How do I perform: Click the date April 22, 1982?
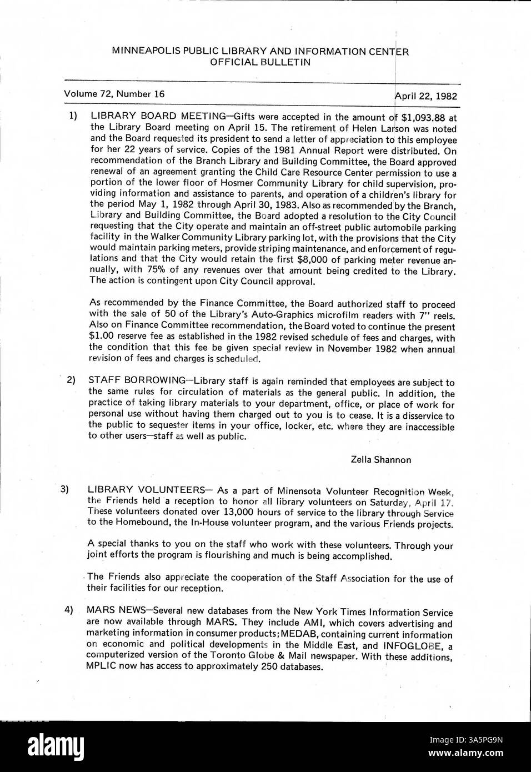tap(425, 96)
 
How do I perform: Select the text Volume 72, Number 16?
tap(114, 94)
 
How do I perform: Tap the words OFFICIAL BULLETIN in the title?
tap(260, 62)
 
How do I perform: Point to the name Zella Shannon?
tap(381, 459)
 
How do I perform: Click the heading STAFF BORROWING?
tap(137, 380)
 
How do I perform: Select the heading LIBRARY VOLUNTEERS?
tap(146, 490)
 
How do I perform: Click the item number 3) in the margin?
tap(65, 489)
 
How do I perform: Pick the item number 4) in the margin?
tap(68, 610)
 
